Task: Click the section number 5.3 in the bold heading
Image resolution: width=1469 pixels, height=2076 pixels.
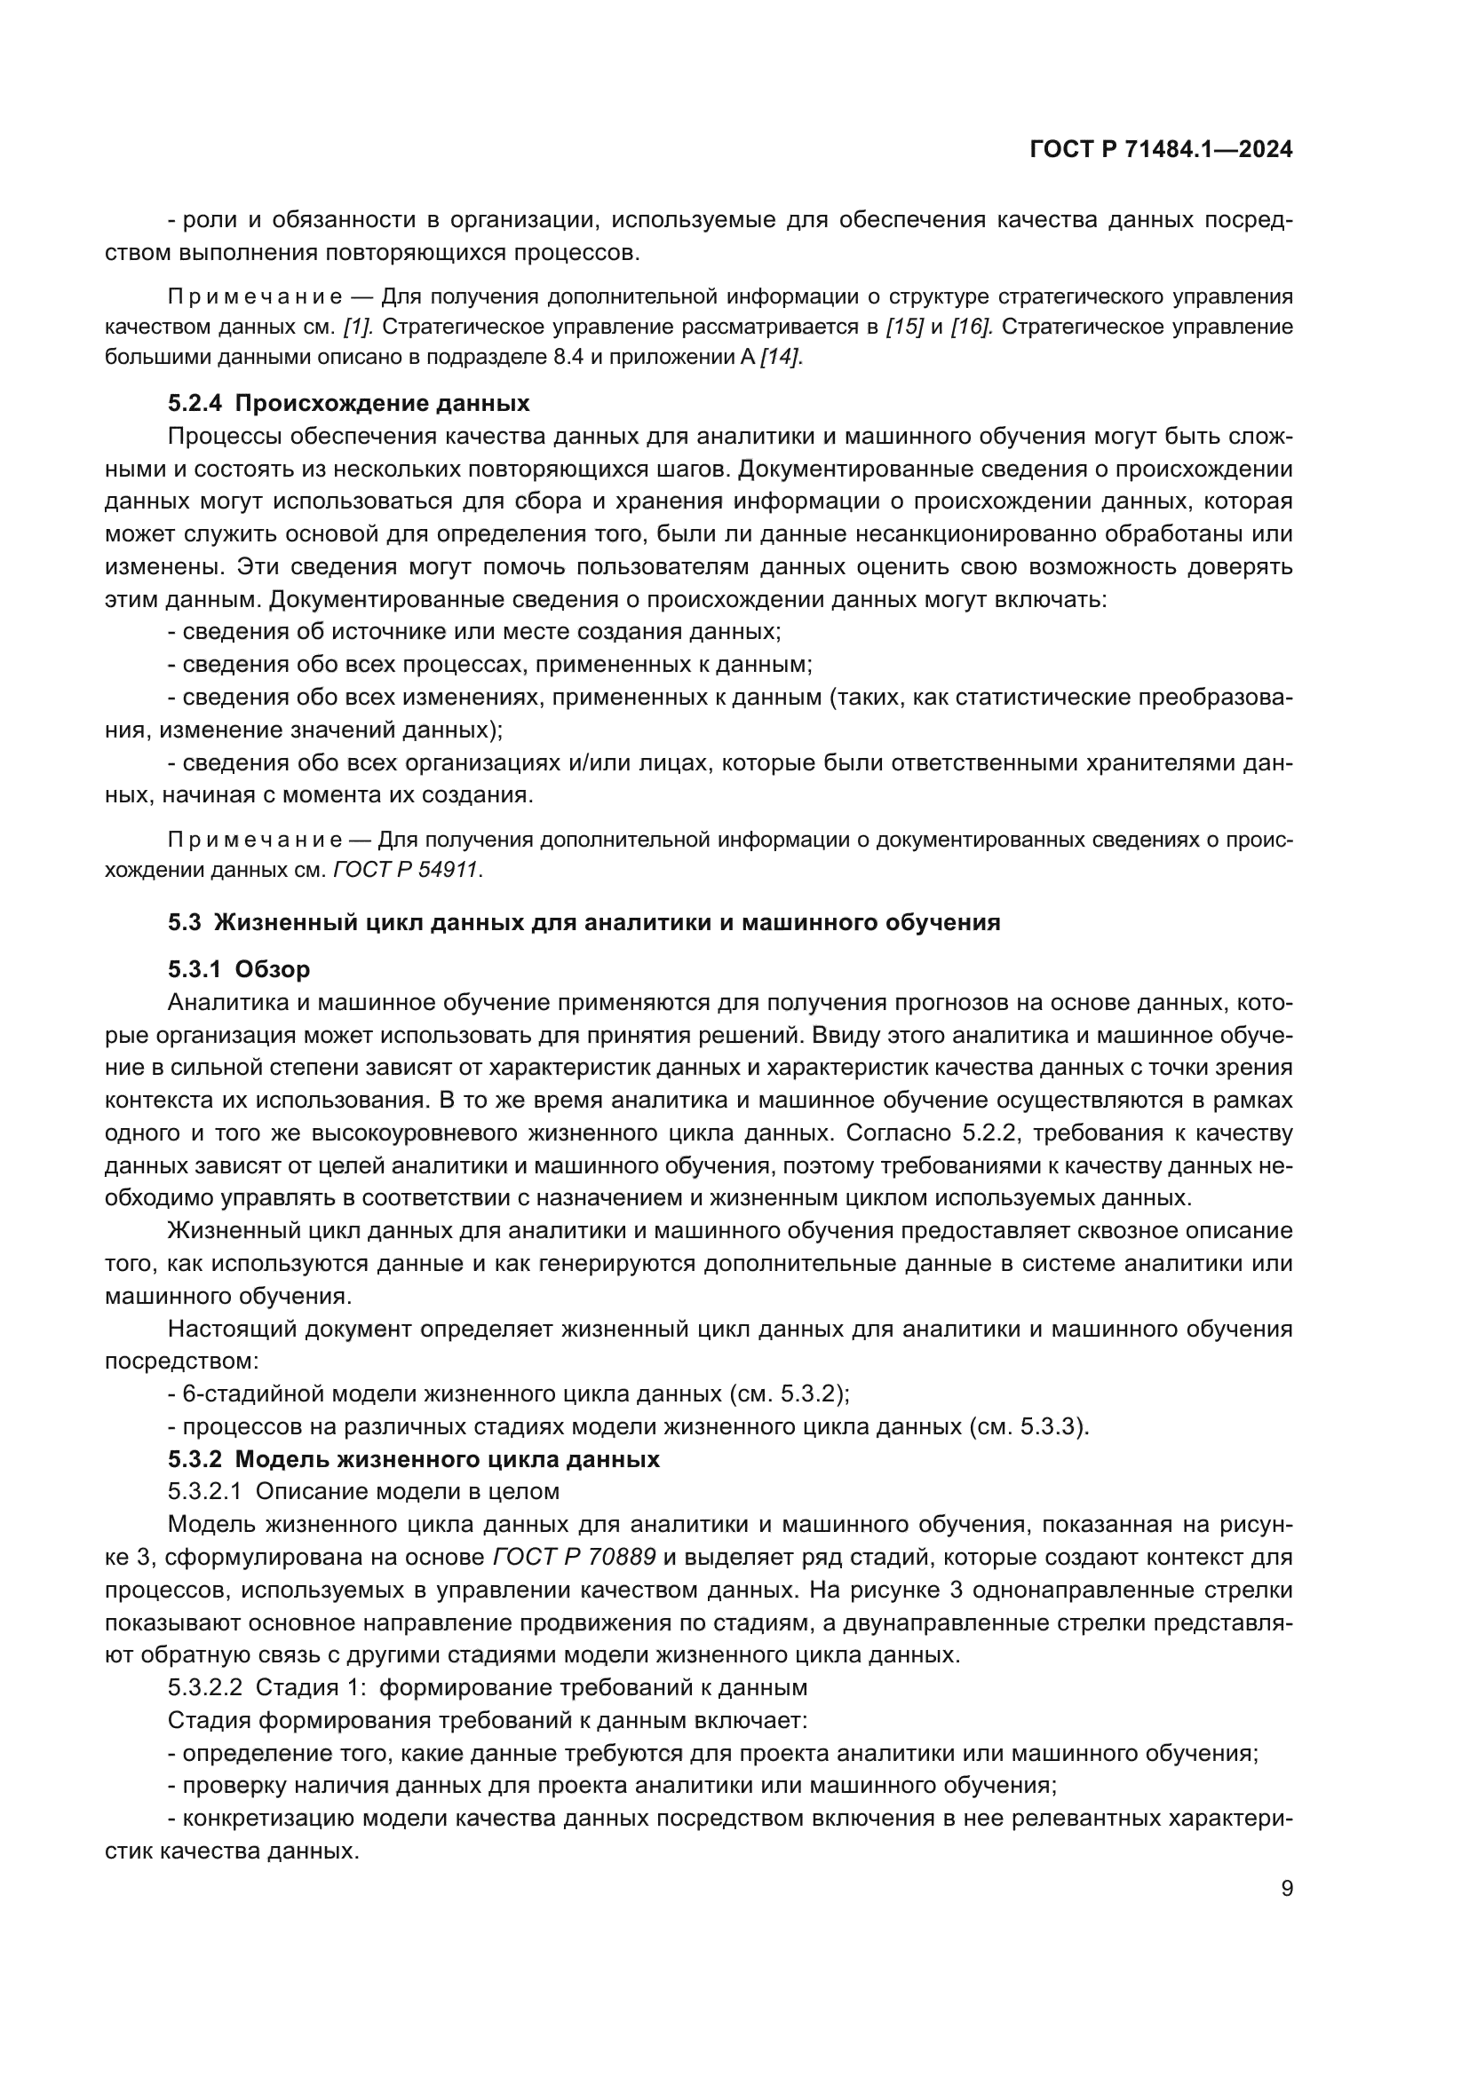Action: [184, 923]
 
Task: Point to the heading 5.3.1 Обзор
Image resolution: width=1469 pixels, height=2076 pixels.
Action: [239, 969]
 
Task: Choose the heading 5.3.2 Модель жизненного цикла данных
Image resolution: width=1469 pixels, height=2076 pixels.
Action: [413, 1459]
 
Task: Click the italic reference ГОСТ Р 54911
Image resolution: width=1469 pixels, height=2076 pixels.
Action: [407, 871]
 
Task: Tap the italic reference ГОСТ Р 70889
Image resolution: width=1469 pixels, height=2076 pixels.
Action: [575, 1557]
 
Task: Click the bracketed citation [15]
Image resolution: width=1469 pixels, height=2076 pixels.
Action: [903, 327]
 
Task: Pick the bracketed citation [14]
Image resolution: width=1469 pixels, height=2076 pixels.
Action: [780, 357]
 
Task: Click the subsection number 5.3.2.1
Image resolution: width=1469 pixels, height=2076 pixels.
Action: [204, 1492]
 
